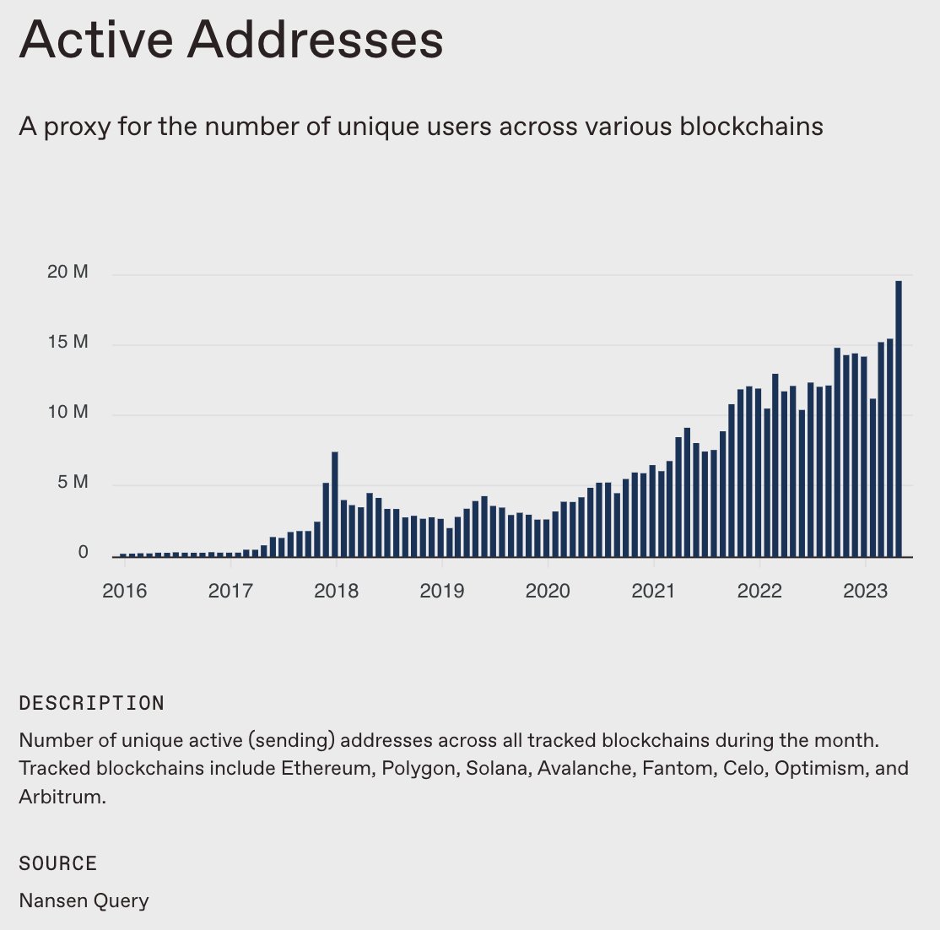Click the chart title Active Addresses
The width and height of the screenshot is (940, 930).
(231, 40)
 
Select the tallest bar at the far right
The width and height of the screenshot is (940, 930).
(899, 418)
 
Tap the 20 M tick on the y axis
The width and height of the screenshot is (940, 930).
(68, 273)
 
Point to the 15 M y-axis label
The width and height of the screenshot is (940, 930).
(68, 343)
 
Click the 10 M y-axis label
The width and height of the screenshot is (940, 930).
(68, 413)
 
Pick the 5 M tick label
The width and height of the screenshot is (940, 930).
(73, 483)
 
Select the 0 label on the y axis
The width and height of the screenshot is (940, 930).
(83, 553)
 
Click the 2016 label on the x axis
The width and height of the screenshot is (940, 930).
(124, 591)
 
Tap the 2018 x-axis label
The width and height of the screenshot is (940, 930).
(336, 591)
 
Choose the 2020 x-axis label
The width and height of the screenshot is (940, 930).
(548, 591)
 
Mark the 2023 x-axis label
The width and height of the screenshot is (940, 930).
(865, 591)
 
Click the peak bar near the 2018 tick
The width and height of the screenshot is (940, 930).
(335, 504)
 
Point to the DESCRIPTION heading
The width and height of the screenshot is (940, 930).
(91, 704)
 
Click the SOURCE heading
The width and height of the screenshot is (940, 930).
(58, 863)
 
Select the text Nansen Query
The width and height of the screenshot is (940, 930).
(84, 900)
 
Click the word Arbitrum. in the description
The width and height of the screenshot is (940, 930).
(62, 797)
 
